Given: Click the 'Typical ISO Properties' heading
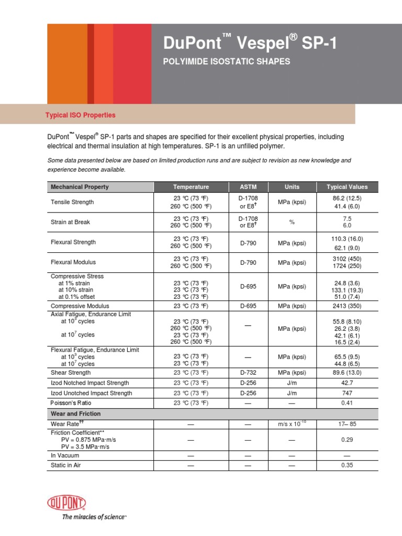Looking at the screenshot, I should point(80,115).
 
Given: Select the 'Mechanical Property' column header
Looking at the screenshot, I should point(80,187).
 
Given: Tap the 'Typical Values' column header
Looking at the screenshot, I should point(347,187).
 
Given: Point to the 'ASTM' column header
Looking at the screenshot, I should point(248,187).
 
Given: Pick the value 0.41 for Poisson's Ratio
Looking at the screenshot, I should point(347,403).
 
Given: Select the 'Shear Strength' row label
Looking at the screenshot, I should point(71,373).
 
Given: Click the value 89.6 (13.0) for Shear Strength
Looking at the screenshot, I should point(347,373).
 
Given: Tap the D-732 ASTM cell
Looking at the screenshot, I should point(248,373).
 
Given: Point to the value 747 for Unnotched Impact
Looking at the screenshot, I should point(347,393).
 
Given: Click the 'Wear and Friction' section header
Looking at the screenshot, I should point(75,414).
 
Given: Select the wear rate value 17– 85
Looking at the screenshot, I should point(347,423).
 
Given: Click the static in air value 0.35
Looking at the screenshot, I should point(347,465).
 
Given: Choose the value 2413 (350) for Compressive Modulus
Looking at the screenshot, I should point(347,306).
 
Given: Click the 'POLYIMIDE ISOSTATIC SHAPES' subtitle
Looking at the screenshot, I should point(227,62).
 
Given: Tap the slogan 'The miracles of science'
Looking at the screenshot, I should point(94,517).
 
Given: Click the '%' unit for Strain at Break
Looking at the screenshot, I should point(292,222).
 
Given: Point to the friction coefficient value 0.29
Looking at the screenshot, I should point(347,440).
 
